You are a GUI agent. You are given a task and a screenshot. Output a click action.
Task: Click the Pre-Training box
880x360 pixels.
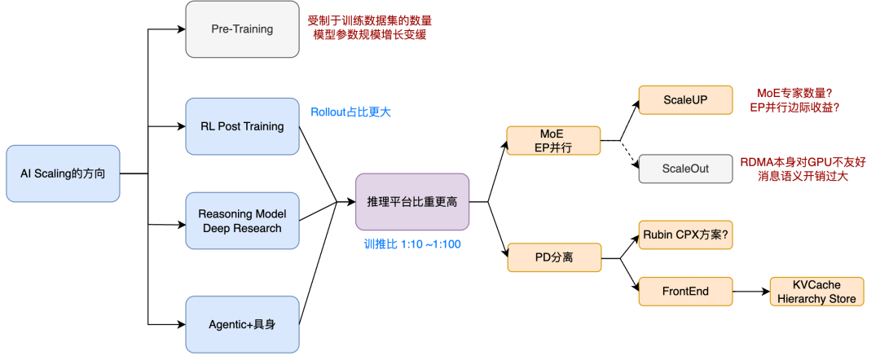pos(243,29)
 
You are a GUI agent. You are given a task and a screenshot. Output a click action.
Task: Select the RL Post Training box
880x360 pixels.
pos(243,126)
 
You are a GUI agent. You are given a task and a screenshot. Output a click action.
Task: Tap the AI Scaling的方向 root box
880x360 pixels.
pos(63,173)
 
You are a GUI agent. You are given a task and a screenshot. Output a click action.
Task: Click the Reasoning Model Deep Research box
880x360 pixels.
pos(243,221)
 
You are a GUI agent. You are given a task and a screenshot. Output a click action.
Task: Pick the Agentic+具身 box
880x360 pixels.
pos(243,324)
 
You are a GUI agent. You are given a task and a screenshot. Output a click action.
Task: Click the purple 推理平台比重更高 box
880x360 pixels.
pos(412,201)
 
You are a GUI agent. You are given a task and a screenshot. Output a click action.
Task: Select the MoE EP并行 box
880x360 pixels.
pos(553,140)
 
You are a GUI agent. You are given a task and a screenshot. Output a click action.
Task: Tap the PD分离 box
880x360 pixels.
pos(553,257)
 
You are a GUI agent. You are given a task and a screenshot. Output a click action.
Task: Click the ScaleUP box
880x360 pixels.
pos(685,99)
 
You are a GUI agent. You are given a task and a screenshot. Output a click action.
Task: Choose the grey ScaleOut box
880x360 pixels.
pos(685,169)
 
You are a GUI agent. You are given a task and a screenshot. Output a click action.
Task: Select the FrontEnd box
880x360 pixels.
pos(685,291)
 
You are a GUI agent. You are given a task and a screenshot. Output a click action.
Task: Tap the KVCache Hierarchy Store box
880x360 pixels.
pos(816,292)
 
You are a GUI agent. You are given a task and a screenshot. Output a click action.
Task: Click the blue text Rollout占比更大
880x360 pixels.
pos(356,112)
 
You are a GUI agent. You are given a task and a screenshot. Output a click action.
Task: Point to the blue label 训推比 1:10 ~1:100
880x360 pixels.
pos(412,243)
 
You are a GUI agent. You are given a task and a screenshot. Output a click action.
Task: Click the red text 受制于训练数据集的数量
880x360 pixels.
pos(370,20)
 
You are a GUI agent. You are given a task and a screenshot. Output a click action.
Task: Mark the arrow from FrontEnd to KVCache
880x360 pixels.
pos(751,291)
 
